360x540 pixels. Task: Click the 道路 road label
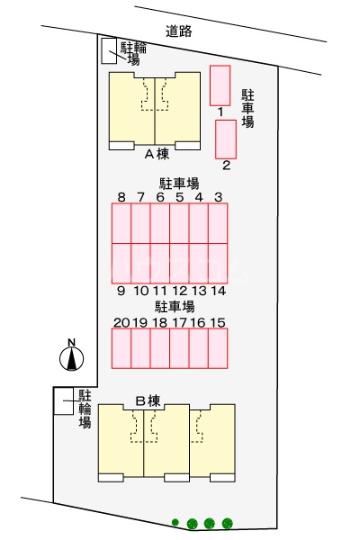click(180, 31)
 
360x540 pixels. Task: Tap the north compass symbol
click(71, 357)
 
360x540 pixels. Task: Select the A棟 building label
click(157, 153)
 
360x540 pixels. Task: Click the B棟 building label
click(148, 400)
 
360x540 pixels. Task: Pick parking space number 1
click(220, 85)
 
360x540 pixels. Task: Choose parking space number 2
click(225, 139)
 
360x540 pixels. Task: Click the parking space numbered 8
click(121, 223)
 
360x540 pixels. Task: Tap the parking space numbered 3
click(218, 223)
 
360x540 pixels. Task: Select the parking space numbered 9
click(121, 263)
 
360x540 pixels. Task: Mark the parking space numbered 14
click(218, 263)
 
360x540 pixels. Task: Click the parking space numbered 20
click(121, 348)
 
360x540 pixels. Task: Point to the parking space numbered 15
click(218, 348)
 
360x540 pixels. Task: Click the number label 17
click(179, 321)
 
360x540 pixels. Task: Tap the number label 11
click(160, 291)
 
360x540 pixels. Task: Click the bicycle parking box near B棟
click(63, 401)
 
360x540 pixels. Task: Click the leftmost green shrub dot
click(176, 522)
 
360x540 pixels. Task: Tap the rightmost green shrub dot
click(227, 522)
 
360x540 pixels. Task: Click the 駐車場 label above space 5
click(179, 183)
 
